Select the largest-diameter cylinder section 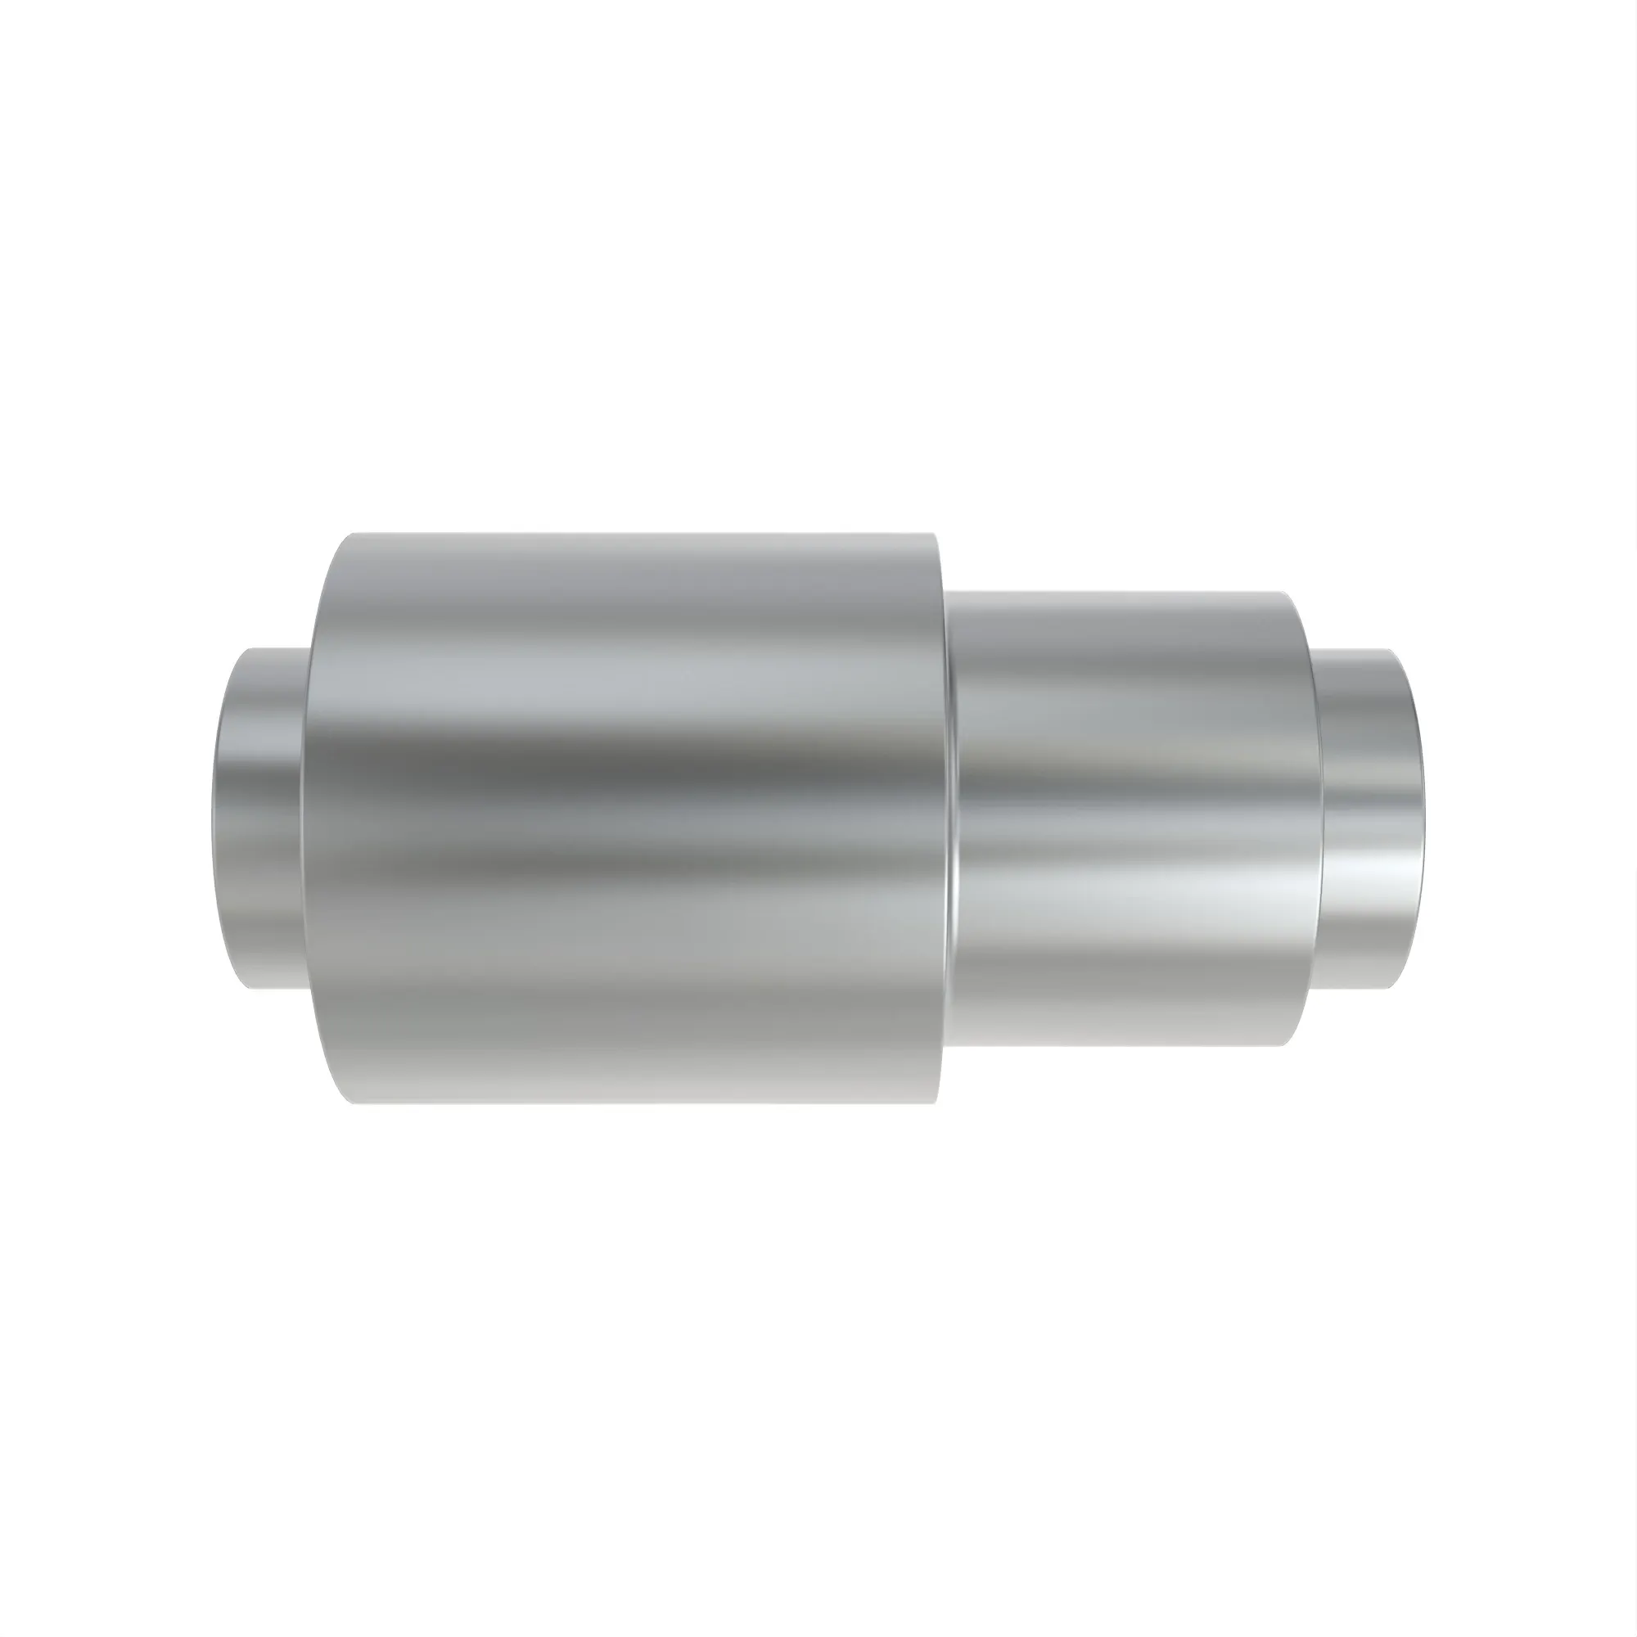point(627,818)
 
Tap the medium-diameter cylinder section point(1127,818)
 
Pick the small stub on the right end point(1364,818)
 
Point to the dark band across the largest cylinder point(627,767)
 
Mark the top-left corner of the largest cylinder point(353,534)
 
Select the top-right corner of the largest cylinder point(935,534)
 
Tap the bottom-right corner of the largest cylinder point(937,1104)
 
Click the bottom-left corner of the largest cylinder point(353,1104)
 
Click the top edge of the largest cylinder point(644,533)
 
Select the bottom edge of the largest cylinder point(644,1105)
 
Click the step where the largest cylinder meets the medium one point(949,818)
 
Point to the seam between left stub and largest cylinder point(303,818)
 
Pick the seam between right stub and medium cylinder point(1315,818)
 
